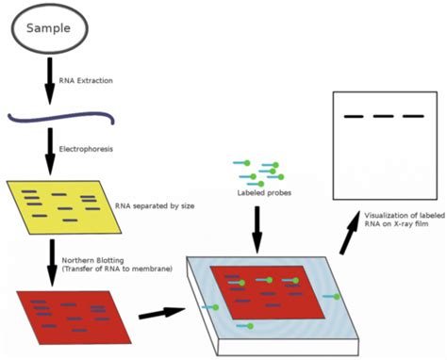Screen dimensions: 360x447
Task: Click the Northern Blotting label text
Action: (x=117, y=265)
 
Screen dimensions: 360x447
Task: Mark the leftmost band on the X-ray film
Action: (x=354, y=117)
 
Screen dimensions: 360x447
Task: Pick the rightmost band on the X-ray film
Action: (x=412, y=117)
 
